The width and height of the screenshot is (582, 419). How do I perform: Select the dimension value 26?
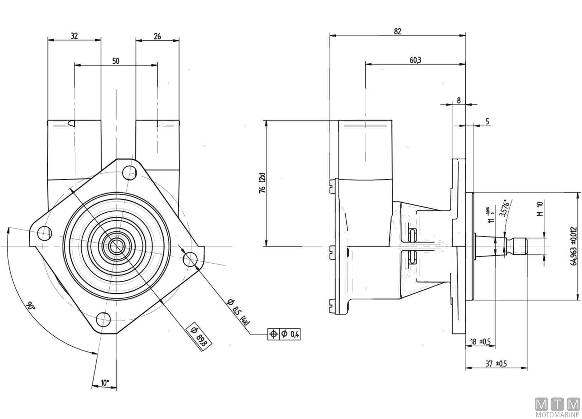click(157, 36)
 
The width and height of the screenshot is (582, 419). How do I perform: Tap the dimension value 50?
click(116, 61)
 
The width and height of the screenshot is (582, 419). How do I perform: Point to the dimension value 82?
click(398, 31)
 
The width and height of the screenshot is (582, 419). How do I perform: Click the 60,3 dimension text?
click(415, 60)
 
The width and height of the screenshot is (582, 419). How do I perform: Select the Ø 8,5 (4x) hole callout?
click(238, 311)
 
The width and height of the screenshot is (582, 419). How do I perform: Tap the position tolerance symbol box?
click(273, 334)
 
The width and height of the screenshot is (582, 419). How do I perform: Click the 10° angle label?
click(105, 382)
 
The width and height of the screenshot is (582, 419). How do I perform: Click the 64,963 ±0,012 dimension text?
click(575, 246)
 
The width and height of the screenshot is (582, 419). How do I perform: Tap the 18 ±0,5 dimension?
click(480, 342)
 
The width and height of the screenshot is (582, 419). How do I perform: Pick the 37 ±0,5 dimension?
click(496, 363)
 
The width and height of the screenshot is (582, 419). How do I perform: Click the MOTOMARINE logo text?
click(557, 415)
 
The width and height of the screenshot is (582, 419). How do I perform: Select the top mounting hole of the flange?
click(129, 173)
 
